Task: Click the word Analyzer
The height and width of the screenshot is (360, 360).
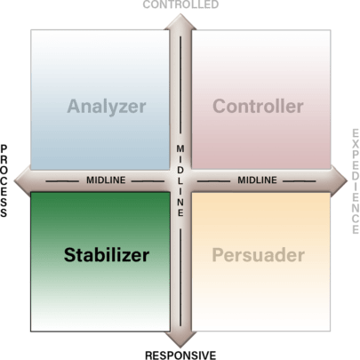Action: click(107, 107)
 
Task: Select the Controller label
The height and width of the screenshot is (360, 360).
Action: click(258, 106)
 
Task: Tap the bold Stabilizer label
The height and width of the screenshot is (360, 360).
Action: click(107, 255)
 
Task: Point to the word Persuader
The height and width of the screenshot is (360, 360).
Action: click(259, 255)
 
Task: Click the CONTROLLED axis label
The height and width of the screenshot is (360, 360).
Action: click(180, 4)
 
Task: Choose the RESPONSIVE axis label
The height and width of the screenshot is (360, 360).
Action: click(180, 355)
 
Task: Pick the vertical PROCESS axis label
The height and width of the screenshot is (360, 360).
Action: click(4, 181)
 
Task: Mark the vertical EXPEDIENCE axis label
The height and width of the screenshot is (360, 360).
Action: click(356, 181)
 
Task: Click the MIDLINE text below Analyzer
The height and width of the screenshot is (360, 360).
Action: click(106, 180)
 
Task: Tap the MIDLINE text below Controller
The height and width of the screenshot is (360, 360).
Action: click(257, 180)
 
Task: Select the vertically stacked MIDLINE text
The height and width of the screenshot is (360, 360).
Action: click(180, 180)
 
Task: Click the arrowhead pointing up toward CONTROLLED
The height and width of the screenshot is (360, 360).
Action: click(180, 21)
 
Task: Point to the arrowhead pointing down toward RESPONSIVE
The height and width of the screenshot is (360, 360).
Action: click(180, 340)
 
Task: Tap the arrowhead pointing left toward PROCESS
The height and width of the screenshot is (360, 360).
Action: click(22, 180)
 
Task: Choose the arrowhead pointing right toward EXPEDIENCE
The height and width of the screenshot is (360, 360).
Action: click(339, 180)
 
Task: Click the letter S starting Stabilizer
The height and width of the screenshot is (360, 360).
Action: click(69, 255)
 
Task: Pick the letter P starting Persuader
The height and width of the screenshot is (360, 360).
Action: click(218, 255)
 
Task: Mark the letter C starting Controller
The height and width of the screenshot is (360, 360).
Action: click(220, 106)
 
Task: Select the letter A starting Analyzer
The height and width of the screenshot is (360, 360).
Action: click(75, 107)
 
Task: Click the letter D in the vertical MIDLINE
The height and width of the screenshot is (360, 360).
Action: click(180, 171)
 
